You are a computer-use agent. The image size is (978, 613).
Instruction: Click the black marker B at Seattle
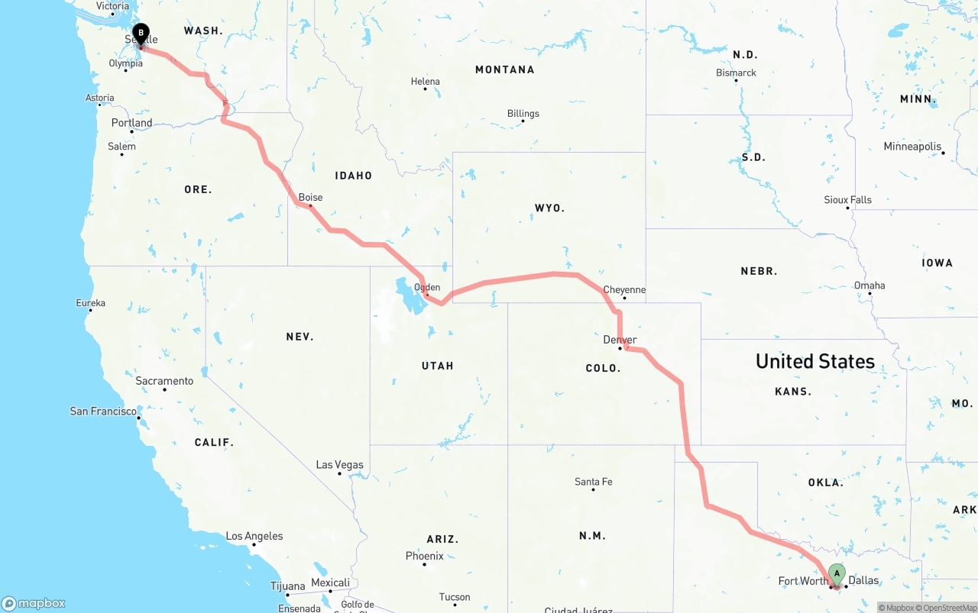pyautogui.click(x=141, y=33)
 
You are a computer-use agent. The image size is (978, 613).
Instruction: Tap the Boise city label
pyautogui.click(x=310, y=197)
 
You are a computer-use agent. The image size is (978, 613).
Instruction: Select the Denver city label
pyautogui.click(x=620, y=340)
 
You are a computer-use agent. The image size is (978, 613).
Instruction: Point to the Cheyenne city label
pyautogui.click(x=624, y=289)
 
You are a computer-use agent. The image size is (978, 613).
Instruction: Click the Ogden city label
pyautogui.click(x=427, y=287)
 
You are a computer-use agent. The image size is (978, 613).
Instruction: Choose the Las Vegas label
pyautogui.click(x=340, y=464)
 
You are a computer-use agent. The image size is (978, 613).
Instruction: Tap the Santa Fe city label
pyautogui.click(x=593, y=482)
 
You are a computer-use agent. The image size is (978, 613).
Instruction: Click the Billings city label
pyautogui.click(x=523, y=113)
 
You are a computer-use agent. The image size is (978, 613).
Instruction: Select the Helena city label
pyautogui.click(x=426, y=81)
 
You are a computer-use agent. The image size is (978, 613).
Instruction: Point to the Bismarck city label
pyautogui.click(x=737, y=73)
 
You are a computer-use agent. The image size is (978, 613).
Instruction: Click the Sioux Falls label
pyautogui.click(x=847, y=199)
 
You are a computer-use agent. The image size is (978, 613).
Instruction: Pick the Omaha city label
pyautogui.click(x=870, y=286)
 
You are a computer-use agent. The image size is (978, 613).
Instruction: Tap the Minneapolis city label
pyautogui.click(x=912, y=146)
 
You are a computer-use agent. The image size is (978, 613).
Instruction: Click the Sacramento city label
pyautogui.click(x=164, y=380)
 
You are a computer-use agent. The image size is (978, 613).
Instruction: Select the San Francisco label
pyautogui.click(x=104, y=411)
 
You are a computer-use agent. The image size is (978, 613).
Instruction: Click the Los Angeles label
pyautogui.click(x=254, y=536)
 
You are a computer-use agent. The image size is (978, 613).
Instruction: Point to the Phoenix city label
pyautogui.click(x=425, y=556)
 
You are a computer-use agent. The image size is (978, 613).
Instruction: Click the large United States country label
pyautogui.click(x=815, y=361)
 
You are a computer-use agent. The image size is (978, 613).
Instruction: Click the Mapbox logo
pyautogui.click(x=34, y=603)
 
